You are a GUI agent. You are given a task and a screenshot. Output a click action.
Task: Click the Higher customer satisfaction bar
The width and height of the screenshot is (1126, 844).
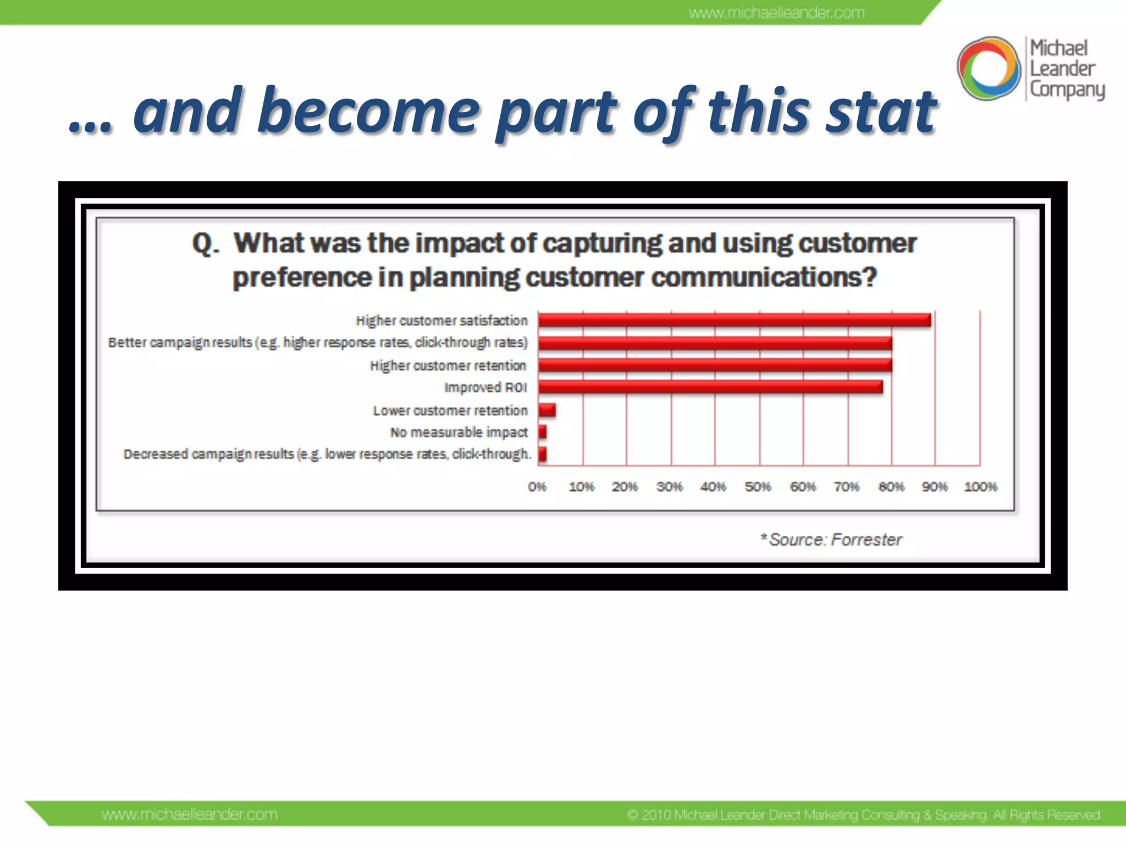coord(734,320)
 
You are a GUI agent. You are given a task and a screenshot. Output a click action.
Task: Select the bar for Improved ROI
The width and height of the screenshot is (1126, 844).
coord(710,387)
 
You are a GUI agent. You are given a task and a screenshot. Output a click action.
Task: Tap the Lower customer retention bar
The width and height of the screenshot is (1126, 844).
coord(547,410)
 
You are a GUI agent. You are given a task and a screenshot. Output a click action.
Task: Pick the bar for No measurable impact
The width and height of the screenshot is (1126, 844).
coord(543,432)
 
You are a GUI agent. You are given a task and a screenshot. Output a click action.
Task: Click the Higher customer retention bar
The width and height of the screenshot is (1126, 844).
coord(715,365)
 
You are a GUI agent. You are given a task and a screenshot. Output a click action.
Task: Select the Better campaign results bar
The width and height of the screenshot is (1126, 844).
coord(715,343)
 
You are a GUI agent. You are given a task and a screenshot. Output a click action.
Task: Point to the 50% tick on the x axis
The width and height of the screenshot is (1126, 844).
coord(758,487)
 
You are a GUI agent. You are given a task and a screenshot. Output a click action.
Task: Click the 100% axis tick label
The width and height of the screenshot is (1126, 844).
coord(980,487)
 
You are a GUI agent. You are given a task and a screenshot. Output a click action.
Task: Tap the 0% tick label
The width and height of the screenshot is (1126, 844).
coord(537,487)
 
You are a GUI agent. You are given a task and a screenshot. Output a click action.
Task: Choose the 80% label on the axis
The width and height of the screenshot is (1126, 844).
coord(891,487)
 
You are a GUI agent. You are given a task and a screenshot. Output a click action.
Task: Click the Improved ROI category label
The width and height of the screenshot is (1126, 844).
coord(485,388)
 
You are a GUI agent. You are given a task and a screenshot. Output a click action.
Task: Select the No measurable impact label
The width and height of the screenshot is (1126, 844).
coord(459,432)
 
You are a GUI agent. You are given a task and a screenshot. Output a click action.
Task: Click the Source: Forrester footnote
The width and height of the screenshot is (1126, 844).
coord(831,540)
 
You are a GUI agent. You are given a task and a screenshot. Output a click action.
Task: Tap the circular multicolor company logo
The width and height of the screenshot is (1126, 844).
coord(989,69)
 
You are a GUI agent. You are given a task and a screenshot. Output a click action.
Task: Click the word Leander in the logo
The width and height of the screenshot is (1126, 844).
coord(1062,69)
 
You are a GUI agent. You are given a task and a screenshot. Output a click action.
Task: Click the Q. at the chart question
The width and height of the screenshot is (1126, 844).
coord(206,243)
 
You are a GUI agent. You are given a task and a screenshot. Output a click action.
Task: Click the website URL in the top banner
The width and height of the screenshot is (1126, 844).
coord(776,13)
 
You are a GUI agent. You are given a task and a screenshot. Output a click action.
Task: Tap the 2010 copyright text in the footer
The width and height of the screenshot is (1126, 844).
coord(864,814)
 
